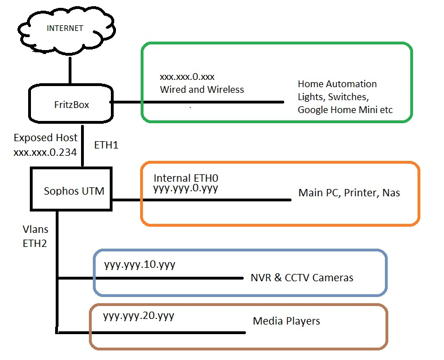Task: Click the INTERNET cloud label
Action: [x=65, y=28]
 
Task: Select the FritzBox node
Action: [x=71, y=103]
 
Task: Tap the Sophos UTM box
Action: [x=71, y=189]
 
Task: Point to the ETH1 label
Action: [x=106, y=145]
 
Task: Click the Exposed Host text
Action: [x=46, y=138]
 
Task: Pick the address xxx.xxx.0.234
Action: [x=46, y=152]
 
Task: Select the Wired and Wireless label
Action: [x=202, y=89]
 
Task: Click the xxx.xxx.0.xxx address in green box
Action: [x=187, y=76]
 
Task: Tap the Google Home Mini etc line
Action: [x=345, y=110]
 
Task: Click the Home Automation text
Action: [x=337, y=84]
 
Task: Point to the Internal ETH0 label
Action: [x=186, y=178]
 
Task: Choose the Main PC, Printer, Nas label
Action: [x=349, y=193]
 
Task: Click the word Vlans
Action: [x=35, y=229]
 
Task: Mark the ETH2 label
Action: [x=35, y=244]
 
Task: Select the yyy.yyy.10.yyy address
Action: [x=140, y=265]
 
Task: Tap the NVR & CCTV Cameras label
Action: [x=302, y=278]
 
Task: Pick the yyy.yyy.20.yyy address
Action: [x=138, y=316]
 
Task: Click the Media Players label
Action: [x=286, y=321]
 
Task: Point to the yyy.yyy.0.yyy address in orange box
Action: [x=186, y=188]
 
